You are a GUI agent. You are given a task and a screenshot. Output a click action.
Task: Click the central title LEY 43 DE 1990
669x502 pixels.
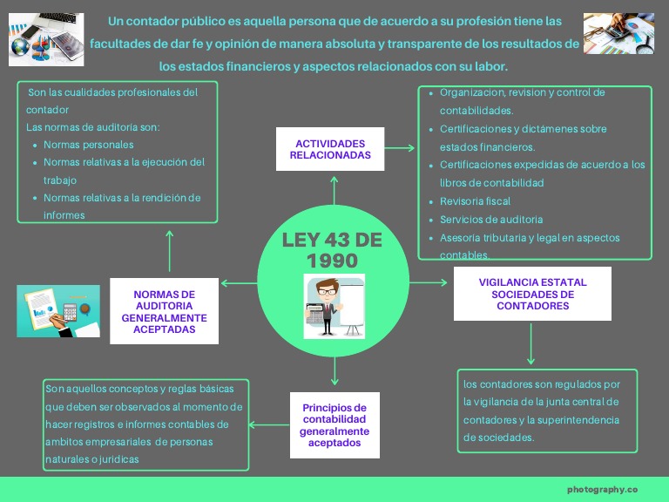click(x=332, y=250)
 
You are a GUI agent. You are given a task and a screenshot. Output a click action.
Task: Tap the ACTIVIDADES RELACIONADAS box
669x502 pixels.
click(x=330, y=149)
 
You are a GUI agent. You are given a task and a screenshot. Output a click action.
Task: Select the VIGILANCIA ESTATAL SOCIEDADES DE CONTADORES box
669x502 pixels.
click(x=532, y=294)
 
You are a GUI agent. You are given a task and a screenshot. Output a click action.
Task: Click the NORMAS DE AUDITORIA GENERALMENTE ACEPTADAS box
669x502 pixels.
click(x=164, y=311)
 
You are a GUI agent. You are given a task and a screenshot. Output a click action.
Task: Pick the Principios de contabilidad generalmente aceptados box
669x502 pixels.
click(x=334, y=424)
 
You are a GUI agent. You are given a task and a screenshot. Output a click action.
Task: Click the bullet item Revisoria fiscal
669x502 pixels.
click(x=475, y=201)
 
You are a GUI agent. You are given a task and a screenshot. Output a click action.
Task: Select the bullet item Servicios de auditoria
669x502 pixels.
click(x=491, y=220)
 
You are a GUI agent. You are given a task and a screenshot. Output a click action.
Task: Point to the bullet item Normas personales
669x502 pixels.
click(x=89, y=145)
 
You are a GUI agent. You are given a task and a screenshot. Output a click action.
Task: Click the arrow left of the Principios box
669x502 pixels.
click(x=269, y=424)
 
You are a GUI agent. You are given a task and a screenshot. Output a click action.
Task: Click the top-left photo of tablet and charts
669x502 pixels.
click(x=47, y=39)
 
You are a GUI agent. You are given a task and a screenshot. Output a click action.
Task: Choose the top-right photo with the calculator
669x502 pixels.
click(x=618, y=33)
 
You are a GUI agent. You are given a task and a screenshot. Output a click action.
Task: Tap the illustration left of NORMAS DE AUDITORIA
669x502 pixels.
click(x=58, y=311)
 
